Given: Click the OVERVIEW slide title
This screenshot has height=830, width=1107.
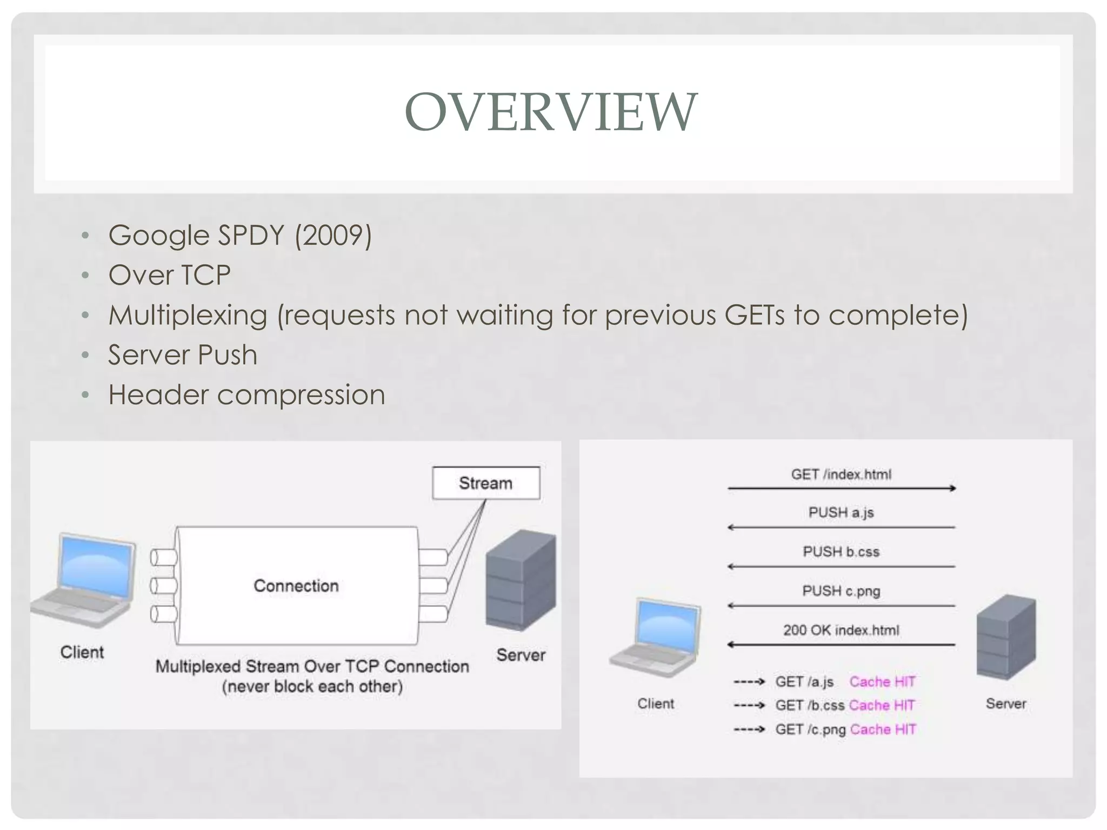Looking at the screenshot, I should coord(551,112).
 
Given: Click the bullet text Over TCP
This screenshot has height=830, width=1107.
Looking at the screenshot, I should coord(169,275).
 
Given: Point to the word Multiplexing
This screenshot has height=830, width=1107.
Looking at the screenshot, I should coord(188,316).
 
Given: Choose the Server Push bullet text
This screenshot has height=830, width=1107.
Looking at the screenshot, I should coord(183,355).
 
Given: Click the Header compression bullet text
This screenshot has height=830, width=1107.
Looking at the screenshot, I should coord(246,395).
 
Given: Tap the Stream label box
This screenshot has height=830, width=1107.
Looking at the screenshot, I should coord(485,483).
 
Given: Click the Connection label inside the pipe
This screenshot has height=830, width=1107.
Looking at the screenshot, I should coord(296,586).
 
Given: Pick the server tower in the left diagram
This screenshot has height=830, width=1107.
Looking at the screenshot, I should coord(521,580).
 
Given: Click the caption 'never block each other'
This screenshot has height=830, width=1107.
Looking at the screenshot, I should coord(312,687).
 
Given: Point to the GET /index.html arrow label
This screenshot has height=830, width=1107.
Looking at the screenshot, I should coord(841,474).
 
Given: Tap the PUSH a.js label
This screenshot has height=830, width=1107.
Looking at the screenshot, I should coord(841,512).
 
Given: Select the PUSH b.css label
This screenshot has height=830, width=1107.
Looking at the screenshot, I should coord(841,552).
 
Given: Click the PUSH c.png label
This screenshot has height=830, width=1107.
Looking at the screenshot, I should coord(841,591).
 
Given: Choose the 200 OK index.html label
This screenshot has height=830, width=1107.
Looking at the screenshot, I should coord(841,630).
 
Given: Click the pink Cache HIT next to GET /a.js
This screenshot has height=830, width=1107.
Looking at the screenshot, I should coord(882,682).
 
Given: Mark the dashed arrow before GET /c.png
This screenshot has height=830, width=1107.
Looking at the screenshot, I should coord(749,729).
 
